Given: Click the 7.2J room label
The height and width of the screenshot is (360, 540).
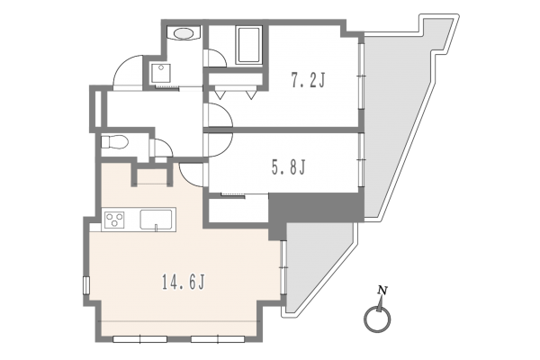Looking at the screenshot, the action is click(x=308, y=81).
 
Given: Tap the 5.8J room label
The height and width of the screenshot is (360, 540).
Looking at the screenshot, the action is click(x=289, y=167).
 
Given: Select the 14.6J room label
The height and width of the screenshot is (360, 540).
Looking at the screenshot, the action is click(x=184, y=283).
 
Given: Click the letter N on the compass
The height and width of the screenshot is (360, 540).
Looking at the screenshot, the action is click(x=382, y=291).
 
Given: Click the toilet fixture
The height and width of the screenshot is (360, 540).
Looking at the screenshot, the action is click(x=114, y=142).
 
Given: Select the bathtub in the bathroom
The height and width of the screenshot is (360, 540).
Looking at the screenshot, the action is click(x=248, y=45).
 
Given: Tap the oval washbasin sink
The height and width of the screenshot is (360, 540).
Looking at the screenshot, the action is click(x=184, y=33).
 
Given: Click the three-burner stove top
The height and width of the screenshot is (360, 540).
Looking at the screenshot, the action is click(x=114, y=220).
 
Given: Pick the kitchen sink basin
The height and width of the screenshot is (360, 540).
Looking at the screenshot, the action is click(x=156, y=220).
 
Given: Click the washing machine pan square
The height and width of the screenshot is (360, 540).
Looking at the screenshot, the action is click(x=160, y=73).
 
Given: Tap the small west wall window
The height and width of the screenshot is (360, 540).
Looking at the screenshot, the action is click(x=86, y=285).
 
